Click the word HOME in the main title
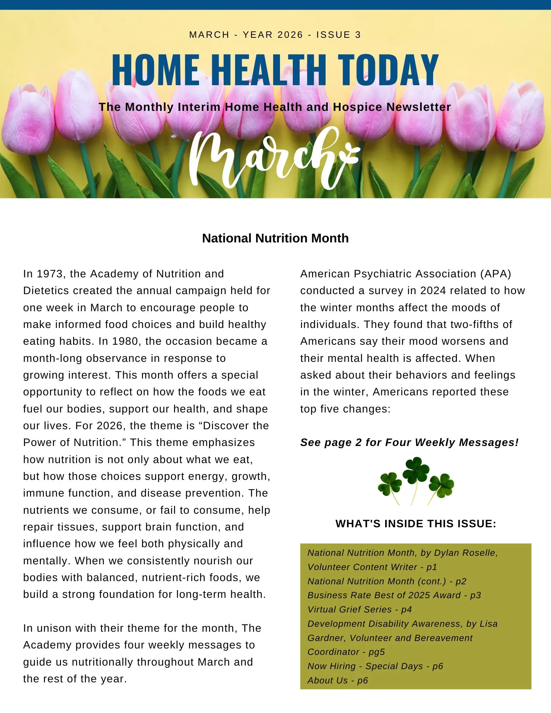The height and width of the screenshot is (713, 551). (156, 70)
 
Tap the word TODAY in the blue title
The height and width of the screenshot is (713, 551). (388, 70)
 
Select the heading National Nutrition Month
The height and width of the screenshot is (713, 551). (275, 238)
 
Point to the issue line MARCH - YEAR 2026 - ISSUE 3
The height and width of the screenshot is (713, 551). (275, 35)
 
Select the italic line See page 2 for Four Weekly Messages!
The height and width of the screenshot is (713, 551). (409, 442)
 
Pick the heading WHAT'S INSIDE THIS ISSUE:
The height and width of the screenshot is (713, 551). (416, 524)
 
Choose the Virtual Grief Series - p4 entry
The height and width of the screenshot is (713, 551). (359, 610)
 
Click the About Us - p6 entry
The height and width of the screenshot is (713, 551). (338, 681)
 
